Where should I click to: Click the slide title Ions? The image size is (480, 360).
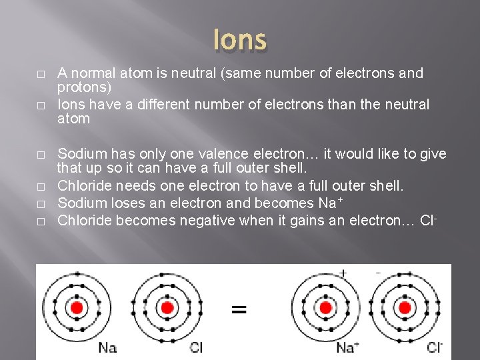point(240,40)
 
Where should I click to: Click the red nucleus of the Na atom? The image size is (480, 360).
point(77,307)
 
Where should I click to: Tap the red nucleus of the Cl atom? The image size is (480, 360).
point(167,307)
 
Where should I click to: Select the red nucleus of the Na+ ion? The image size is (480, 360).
point(325,307)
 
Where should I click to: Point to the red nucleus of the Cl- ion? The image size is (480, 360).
point(405,307)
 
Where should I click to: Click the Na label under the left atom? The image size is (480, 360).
point(107,347)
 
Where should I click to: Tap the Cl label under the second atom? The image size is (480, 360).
point(196,347)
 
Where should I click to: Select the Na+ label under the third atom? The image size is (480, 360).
point(348,347)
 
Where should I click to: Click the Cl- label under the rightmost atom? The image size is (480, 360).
point(434,347)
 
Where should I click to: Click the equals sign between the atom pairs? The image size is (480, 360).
point(239,309)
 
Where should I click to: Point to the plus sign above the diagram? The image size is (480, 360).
point(343,273)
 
